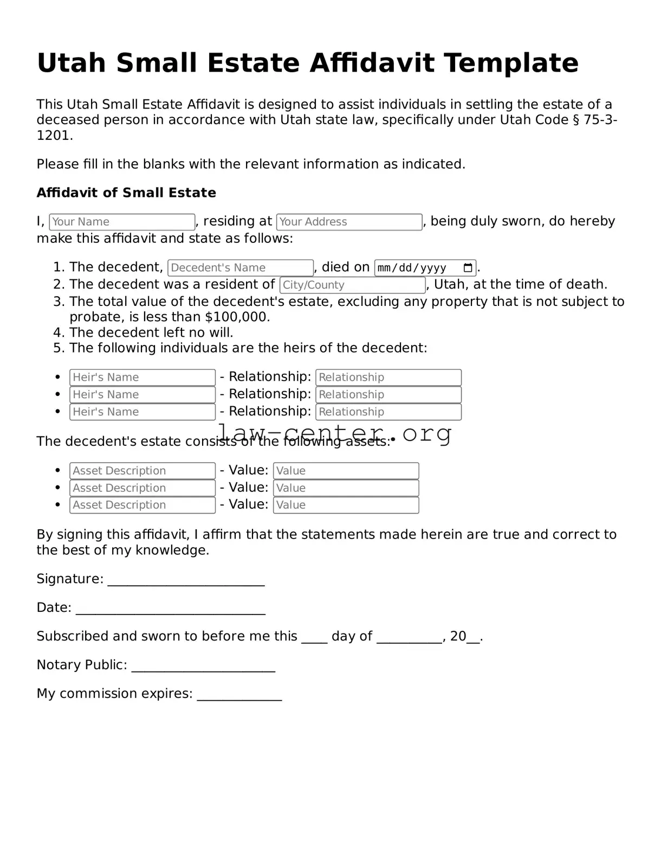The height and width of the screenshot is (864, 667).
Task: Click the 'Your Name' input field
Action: click(x=122, y=222)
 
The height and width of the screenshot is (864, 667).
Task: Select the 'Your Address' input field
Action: click(x=349, y=222)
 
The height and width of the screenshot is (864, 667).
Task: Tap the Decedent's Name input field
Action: click(x=241, y=268)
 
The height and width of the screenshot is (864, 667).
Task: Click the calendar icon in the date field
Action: click(x=468, y=268)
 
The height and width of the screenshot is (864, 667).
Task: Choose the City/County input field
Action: click(x=353, y=285)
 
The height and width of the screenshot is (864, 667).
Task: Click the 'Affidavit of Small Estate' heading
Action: click(x=126, y=193)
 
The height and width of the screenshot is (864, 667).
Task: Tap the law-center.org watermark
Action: click(x=334, y=433)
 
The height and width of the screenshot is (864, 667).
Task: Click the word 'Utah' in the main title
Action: click(x=71, y=63)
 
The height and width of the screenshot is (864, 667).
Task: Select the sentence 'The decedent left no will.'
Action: click(x=151, y=332)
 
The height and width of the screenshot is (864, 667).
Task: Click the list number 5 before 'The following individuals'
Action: click(x=59, y=348)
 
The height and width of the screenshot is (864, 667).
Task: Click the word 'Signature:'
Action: click(x=70, y=579)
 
